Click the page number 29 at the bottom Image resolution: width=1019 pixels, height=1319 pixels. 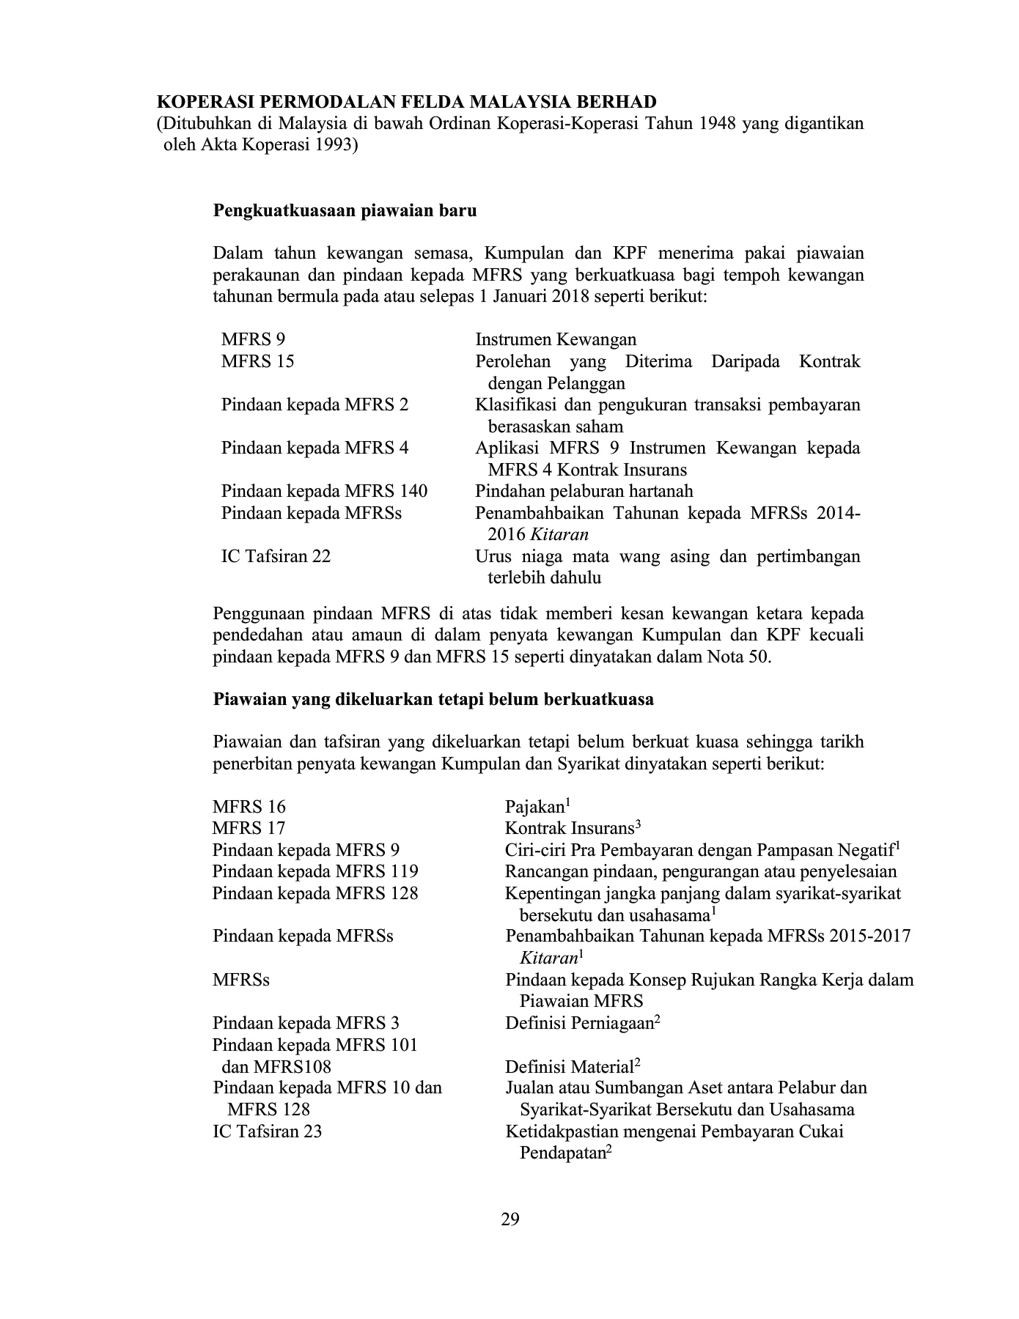(510, 1219)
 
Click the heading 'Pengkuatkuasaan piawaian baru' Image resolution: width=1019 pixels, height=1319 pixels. (345, 211)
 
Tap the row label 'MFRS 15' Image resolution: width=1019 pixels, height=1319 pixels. (257, 361)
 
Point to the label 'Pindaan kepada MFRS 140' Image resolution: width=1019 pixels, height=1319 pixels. (324, 491)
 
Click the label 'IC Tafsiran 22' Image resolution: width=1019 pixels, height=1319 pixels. (276, 556)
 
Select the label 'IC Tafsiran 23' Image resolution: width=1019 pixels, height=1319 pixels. (267, 1131)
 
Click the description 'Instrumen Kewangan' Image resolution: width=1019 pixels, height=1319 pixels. (556, 339)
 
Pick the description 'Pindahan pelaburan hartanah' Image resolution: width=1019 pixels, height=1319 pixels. (584, 491)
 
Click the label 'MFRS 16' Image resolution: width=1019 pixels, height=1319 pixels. (249, 807)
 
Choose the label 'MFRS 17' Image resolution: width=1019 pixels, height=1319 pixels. (249, 828)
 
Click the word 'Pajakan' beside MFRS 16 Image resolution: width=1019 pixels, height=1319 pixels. (534, 807)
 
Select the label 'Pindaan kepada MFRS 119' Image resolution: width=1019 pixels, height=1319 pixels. (315, 871)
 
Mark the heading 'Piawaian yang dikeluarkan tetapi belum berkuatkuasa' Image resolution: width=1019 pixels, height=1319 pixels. (433, 699)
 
